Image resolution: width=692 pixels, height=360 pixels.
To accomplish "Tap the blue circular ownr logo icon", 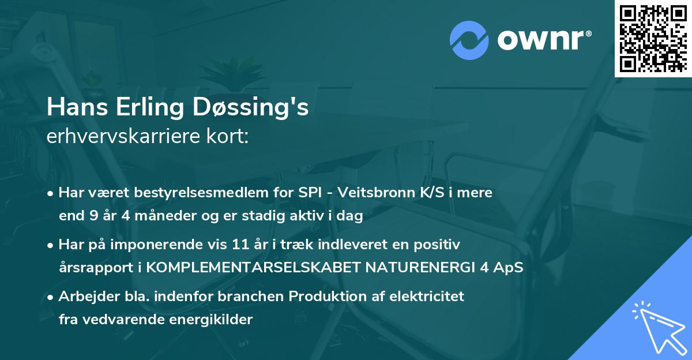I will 469,39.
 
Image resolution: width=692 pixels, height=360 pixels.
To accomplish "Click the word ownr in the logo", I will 543,39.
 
